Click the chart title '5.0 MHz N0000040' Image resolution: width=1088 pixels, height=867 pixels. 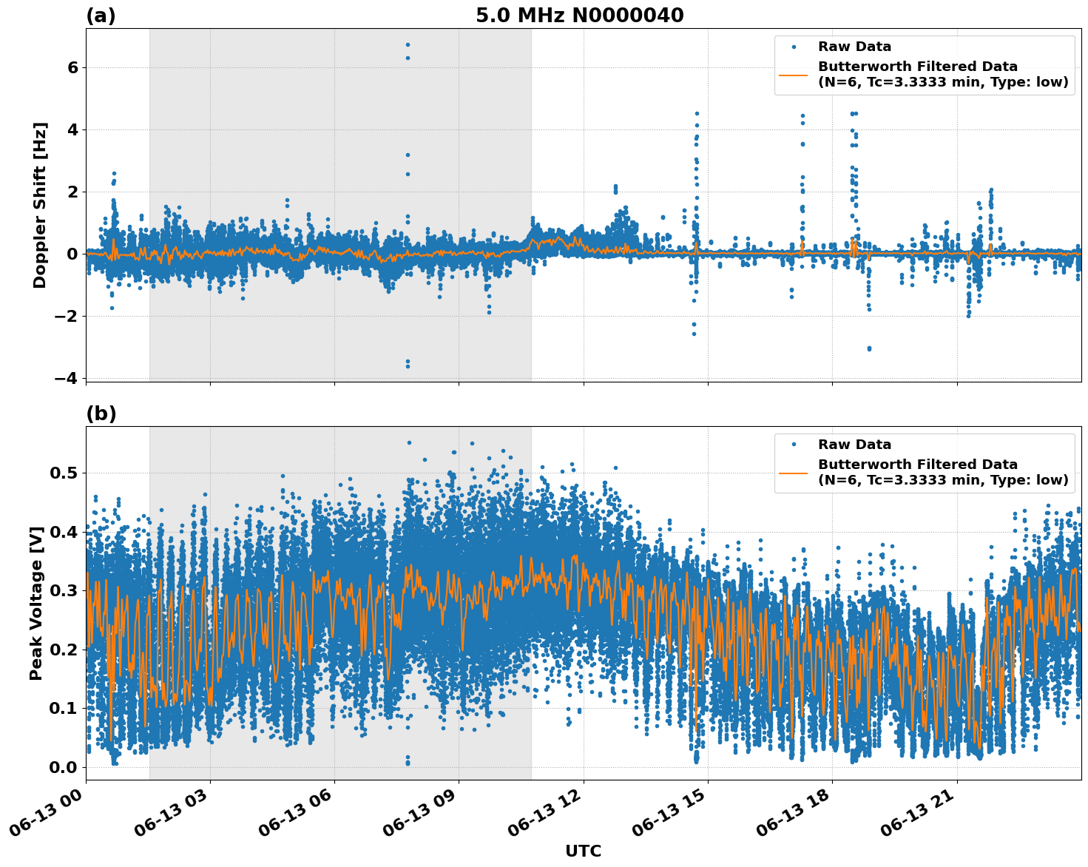tap(579, 16)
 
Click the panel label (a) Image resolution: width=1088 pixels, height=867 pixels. tap(101, 16)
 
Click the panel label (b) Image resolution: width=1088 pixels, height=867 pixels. tap(101, 414)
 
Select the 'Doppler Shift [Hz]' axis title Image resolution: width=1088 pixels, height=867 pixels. tap(40, 205)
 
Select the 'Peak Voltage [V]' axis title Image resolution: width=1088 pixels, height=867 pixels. tap(36, 603)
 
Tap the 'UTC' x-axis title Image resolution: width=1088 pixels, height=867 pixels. tap(583, 851)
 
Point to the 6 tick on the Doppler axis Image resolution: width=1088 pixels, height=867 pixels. tap(72, 67)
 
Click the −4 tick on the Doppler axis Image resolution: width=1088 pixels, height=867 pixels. tap(66, 378)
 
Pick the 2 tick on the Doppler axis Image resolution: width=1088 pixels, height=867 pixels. tap(72, 192)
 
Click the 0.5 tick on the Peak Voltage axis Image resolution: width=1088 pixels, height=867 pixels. tap(64, 473)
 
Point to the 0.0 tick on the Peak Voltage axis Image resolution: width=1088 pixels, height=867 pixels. tap(64, 767)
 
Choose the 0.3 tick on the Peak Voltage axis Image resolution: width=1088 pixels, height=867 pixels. tap(64, 590)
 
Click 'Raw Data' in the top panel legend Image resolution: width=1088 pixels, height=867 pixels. tap(854, 47)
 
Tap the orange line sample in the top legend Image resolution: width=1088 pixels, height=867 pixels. tap(794, 74)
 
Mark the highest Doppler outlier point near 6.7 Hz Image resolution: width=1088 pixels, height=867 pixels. tap(408, 44)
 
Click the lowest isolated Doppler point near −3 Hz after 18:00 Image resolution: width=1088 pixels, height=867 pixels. tap(869, 348)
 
